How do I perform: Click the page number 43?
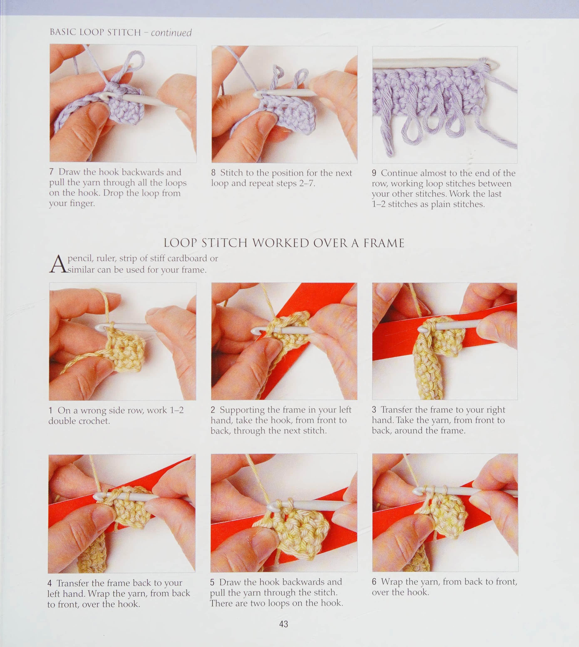(283, 624)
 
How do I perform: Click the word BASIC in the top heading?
(63, 32)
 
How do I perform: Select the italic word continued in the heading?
(171, 33)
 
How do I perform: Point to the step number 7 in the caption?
(51, 172)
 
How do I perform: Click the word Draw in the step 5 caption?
(229, 582)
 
